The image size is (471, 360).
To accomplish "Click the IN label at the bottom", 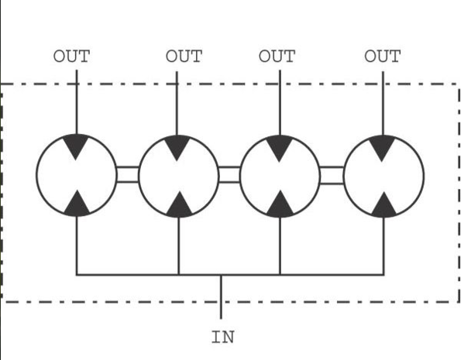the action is click(223, 337).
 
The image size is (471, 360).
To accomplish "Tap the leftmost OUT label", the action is click(71, 57).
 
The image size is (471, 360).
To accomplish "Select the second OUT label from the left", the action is click(184, 57).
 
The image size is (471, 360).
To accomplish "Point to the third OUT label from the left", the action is click(277, 57).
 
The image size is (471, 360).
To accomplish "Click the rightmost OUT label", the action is click(383, 57).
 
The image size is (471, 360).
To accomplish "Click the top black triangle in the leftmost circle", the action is click(76, 145).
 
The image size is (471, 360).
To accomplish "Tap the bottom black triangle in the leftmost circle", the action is click(77, 205).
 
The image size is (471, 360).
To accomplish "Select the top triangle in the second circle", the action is click(177, 146).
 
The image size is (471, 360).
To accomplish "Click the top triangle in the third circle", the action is click(280, 146).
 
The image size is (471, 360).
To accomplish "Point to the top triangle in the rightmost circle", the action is click(382, 146).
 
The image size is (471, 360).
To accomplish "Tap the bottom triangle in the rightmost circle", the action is click(384, 207).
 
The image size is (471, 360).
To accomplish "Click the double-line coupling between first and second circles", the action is click(127, 174).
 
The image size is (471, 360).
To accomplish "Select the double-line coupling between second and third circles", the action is click(229, 174).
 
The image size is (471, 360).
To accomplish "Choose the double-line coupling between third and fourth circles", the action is click(332, 175).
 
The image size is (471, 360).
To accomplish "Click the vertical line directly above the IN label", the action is click(221, 297).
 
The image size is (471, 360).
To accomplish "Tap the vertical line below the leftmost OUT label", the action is click(77, 102).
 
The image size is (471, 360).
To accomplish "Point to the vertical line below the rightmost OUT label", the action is click(383, 104).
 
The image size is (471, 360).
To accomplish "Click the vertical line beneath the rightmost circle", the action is click(383, 245).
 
